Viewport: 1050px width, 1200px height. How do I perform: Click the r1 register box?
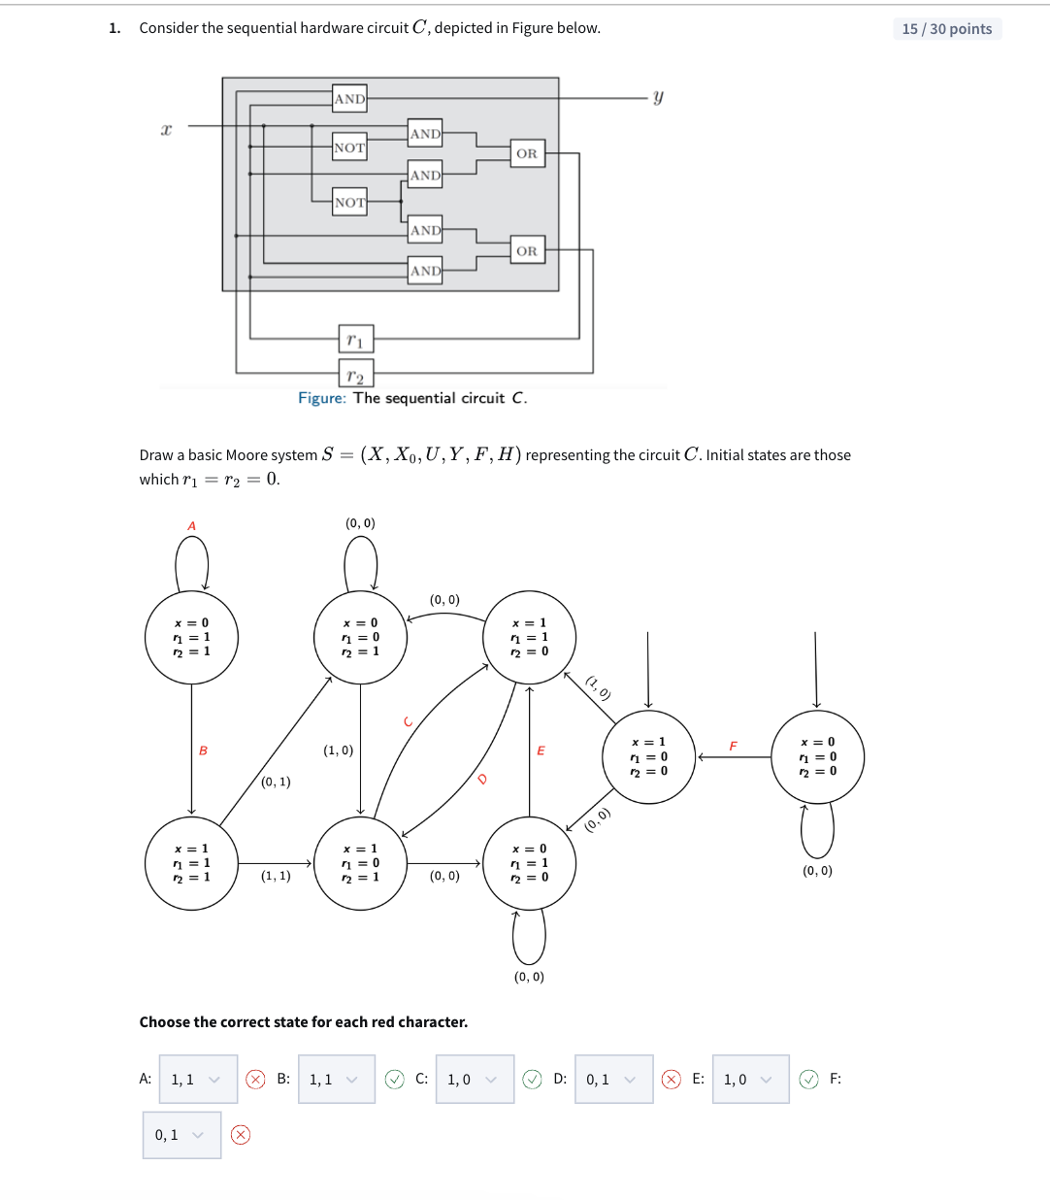click(x=355, y=339)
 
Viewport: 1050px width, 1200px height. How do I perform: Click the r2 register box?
click(x=355, y=375)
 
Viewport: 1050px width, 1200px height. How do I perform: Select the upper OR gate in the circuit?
click(x=527, y=153)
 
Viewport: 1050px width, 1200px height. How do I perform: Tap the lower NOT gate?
click(x=349, y=202)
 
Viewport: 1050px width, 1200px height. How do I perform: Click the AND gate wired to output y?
click(x=349, y=98)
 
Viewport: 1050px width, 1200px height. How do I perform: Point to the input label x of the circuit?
click(x=166, y=129)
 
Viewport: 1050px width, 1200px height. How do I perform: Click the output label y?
click(x=658, y=97)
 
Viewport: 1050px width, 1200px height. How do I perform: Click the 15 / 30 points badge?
click(x=946, y=29)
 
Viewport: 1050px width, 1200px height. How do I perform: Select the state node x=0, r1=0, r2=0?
click(x=817, y=756)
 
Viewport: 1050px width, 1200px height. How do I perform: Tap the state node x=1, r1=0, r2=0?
click(x=648, y=756)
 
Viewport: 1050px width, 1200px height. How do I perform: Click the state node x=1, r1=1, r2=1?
click(x=191, y=863)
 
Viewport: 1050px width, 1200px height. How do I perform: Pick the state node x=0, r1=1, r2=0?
click(x=529, y=863)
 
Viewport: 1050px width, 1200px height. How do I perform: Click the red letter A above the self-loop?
click(x=191, y=526)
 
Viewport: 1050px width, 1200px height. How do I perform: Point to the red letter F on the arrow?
click(x=733, y=746)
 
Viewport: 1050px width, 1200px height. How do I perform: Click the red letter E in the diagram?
click(x=541, y=750)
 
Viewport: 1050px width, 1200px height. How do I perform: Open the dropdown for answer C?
click(x=474, y=1080)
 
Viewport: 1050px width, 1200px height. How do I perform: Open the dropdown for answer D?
click(x=612, y=1080)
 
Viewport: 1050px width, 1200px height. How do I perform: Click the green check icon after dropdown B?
click(x=394, y=1080)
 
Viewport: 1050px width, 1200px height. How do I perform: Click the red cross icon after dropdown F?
click(x=241, y=1135)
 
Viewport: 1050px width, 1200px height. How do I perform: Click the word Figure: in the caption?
click(x=321, y=398)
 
